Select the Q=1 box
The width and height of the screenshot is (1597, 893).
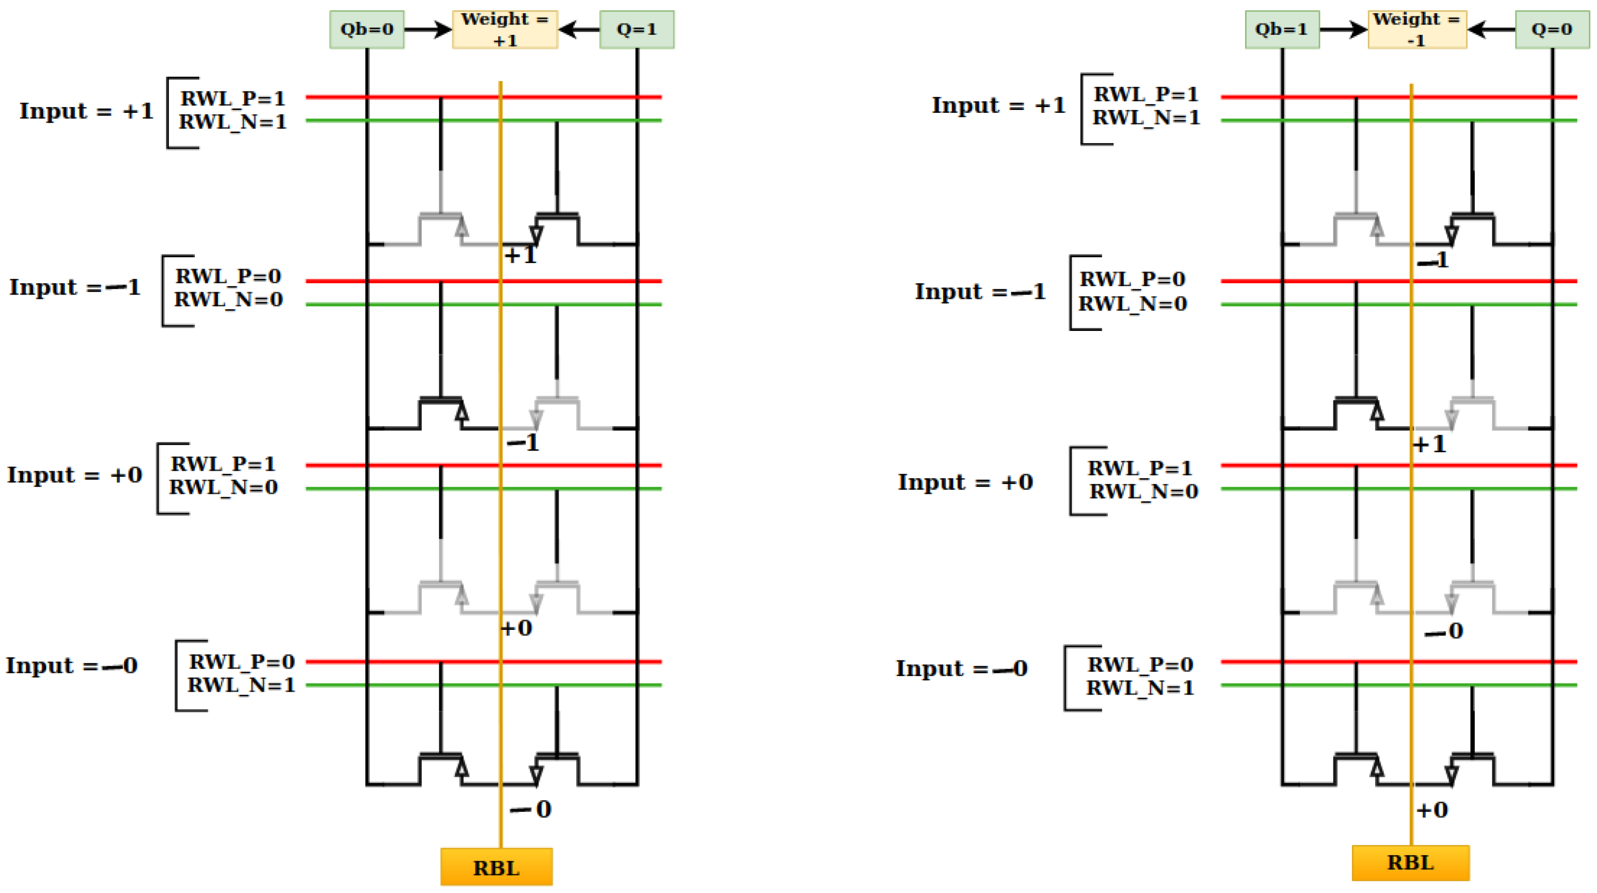[x=637, y=29]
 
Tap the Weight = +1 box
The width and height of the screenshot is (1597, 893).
[x=505, y=29]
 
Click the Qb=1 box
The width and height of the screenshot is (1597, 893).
[x=1281, y=29]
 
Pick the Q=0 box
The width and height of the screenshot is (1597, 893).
[x=1552, y=29]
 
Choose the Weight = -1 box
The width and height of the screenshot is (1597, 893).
[x=1417, y=29]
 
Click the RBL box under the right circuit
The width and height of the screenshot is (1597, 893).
[x=1410, y=863]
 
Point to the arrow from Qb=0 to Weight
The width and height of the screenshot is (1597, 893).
[x=427, y=29]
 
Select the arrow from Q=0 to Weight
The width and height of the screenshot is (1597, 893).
[x=1491, y=29]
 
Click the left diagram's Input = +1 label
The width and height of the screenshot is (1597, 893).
[x=86, y=111]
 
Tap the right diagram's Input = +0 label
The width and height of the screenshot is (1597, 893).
[x=965, y=483]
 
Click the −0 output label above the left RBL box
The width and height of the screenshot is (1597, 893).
[x=531, y=809]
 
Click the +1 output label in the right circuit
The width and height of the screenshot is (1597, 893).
[x=1430, y=444]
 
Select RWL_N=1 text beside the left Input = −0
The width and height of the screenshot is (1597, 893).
[x=241, y=685]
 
